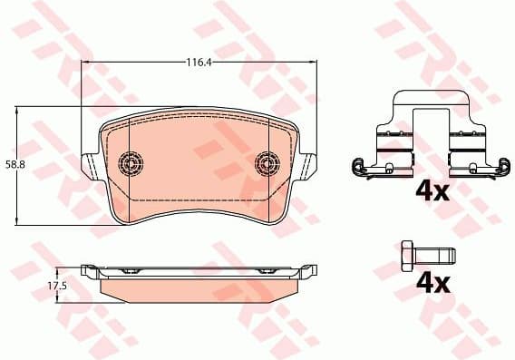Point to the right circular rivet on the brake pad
pos(268,162)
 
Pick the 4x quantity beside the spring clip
pos(432,191)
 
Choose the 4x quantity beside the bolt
pos(432,283)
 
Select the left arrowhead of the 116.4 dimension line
pos(86,63)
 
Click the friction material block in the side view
pos(199,287)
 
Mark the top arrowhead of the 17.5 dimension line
pos(58,269)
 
